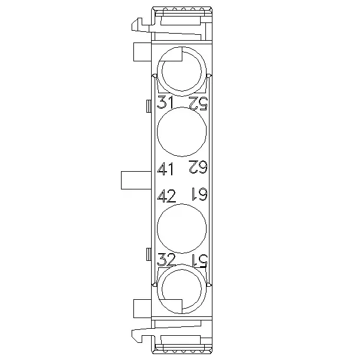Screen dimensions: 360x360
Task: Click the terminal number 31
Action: click(165, 102)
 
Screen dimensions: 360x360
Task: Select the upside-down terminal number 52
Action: click(198, 103)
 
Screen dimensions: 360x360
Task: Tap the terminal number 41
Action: click(165, 169)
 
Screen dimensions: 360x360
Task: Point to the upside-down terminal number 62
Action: click(198, 166)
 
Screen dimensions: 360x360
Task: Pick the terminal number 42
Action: click(166, 196)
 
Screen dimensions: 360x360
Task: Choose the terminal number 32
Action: click(166, 259)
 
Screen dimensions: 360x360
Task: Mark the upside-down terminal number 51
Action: click(199, 261)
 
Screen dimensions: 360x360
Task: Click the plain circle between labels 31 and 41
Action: click(182, 132)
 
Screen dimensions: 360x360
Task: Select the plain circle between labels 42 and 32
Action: click(182, 228)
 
